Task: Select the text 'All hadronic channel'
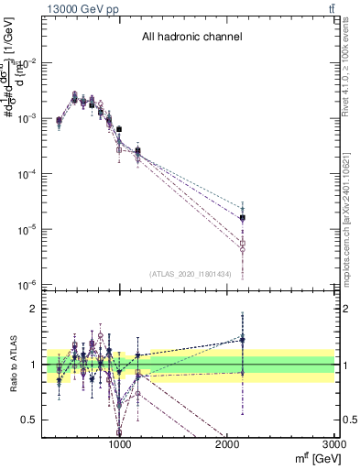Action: click(191, 38)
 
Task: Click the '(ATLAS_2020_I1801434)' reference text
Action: click(191, 274)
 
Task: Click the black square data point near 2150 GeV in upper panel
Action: click(243, 218)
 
